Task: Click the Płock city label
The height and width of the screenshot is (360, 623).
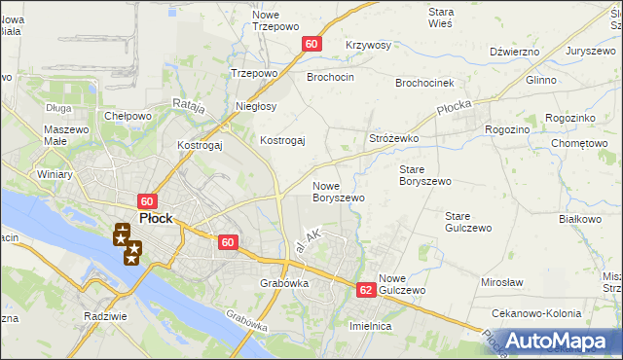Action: [x=156, y=219]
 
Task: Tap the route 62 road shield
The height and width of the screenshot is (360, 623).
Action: [x=366, y=290]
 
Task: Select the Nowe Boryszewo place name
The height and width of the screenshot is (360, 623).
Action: [x=338, y=192]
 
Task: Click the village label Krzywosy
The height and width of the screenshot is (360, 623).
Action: [x=368, y=46]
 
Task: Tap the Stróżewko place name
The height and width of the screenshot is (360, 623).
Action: [x=393, y=139]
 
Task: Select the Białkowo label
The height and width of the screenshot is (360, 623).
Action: [x=580, y=220]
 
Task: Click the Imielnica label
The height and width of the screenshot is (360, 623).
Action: [x=371, y=327]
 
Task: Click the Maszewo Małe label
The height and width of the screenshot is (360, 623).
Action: [x=67, y=136]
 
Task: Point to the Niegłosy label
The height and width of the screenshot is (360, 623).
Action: [x=256, y=106]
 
